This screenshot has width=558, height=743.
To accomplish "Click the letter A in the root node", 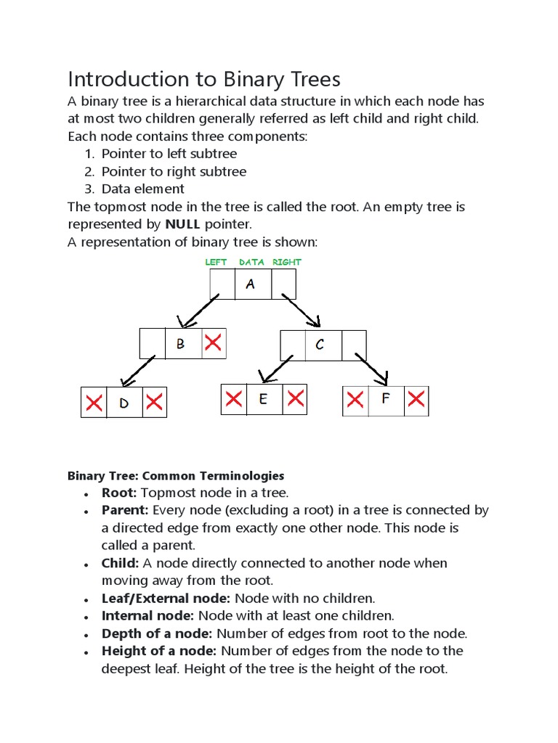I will (x=251, y=284).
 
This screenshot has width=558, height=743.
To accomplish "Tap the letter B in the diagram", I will (x=181, y=344).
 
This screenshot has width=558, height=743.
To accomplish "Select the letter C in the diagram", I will (x=320, y=345).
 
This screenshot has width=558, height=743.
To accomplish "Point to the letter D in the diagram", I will (x=124, y=403).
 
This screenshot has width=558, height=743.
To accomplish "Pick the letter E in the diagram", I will (x=263, y=399).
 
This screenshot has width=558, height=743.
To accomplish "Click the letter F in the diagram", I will (x=385, y=399).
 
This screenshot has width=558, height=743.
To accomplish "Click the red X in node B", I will (x=213, y=343).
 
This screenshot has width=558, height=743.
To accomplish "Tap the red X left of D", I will (x=94, y=403).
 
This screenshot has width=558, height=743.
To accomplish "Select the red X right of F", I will (x=416, y=399).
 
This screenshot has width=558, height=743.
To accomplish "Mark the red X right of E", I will (x=294, y=398).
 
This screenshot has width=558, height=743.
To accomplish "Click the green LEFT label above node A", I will (x=216, y=262).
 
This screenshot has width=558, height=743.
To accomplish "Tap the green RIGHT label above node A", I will (x=287, y=262).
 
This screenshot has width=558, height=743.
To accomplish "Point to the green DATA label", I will (x=251, y=262).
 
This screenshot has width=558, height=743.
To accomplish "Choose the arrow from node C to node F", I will (x=372, y=369).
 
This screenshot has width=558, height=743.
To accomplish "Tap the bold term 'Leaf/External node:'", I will (x=166, y=599).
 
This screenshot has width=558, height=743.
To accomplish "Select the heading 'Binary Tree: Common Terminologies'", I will (x=176, y=476).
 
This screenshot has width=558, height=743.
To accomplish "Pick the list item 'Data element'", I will (x=143, y=189).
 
